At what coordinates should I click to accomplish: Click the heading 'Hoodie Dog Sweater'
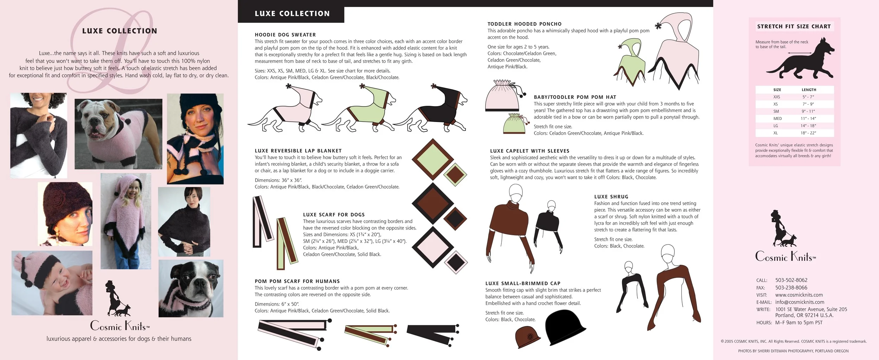click(285, 35)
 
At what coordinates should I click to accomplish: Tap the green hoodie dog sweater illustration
click(362, 109)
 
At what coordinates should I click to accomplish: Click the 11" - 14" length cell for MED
click(808, 118)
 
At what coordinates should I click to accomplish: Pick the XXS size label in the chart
click(776, 97)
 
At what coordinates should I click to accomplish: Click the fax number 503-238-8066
click(791, 288)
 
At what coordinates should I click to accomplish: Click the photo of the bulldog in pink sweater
click(118, 134)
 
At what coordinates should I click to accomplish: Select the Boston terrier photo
click(191, 288)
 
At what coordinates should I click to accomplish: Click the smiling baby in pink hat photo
click(52, 283)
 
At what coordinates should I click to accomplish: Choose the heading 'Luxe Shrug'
click(611, 197)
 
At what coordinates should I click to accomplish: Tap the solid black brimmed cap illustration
click(564, 328)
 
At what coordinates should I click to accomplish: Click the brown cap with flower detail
click(528, 337)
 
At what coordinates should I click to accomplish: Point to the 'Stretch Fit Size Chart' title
click(794, 26)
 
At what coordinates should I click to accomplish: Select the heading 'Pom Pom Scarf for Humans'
click(297, 281)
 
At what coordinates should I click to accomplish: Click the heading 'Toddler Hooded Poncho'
click(524, 24)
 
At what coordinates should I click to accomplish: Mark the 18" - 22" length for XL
click(808, 133)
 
